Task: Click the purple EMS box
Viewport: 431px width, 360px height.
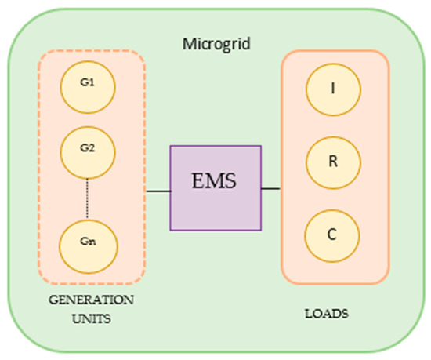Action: pos(217,187)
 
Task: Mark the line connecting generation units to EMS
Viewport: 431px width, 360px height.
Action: pos(158,189)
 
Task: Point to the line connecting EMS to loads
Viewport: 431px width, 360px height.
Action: pos(271,189)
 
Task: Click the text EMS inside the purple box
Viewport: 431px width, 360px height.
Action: pos(217,185)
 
